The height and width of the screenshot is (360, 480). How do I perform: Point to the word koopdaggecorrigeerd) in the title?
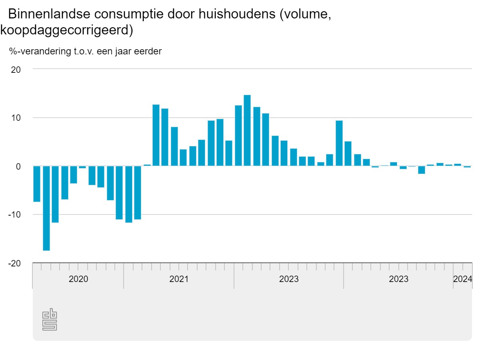click(x=66, y=30)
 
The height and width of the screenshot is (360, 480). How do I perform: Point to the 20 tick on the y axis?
click(x=16, y=69)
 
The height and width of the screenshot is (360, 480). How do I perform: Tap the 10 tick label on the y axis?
click(x=16, y=118)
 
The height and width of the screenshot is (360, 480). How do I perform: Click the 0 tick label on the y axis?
click(x=18, y=166)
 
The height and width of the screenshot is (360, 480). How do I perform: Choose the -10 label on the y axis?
click(x=14, y=215)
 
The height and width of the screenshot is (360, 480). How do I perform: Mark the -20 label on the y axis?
click(x=14, y=263)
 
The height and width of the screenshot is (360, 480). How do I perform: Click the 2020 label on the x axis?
click(x=78, y=279)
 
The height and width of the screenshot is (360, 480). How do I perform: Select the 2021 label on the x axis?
click(x=179, y=279)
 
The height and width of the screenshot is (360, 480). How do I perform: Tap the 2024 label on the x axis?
click(x=463, y=279)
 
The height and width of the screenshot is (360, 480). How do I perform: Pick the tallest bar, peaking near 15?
click(x=247, y=130)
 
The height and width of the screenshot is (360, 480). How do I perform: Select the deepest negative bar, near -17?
click(x=46, y=208)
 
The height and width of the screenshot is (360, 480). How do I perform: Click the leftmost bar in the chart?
click(x=37, y=184)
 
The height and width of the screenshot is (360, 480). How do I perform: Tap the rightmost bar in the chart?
click(x=467, y=167)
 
